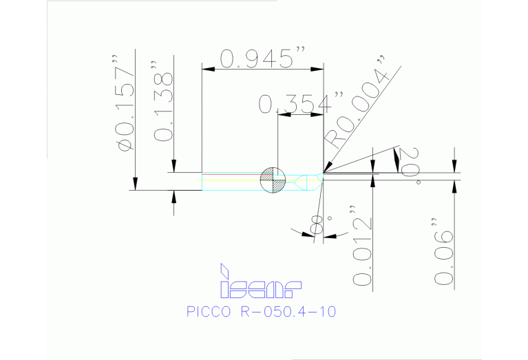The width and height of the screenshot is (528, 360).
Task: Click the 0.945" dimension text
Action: point(262,59)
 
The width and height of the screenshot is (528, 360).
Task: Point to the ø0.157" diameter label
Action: point(125,107)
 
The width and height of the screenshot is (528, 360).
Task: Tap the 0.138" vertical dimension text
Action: point(164,107)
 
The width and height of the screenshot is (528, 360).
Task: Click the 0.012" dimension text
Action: point(362,245)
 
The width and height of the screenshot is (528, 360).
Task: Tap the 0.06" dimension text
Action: point(445,251)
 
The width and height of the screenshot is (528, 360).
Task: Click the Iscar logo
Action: point(261,282)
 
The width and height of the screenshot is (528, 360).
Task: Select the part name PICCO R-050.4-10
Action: point(261,311)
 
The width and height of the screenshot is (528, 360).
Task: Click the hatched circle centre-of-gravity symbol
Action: point(270,180)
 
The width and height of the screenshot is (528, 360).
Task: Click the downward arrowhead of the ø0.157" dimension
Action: point(136,183)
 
